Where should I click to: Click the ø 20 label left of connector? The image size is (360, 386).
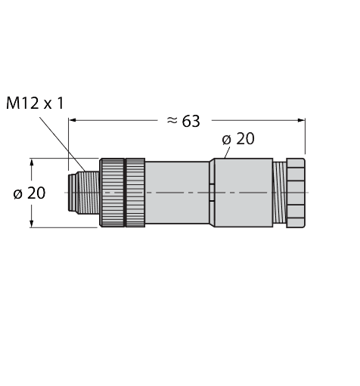click(x=29, y=193)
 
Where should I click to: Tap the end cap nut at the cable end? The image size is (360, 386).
click(x=296, y=193)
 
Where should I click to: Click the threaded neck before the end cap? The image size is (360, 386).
click(x=278, y=193)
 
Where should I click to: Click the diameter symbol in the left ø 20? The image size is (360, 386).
click(x=17, y=193)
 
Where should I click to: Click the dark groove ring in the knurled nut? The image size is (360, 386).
click(x=126, y=193)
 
